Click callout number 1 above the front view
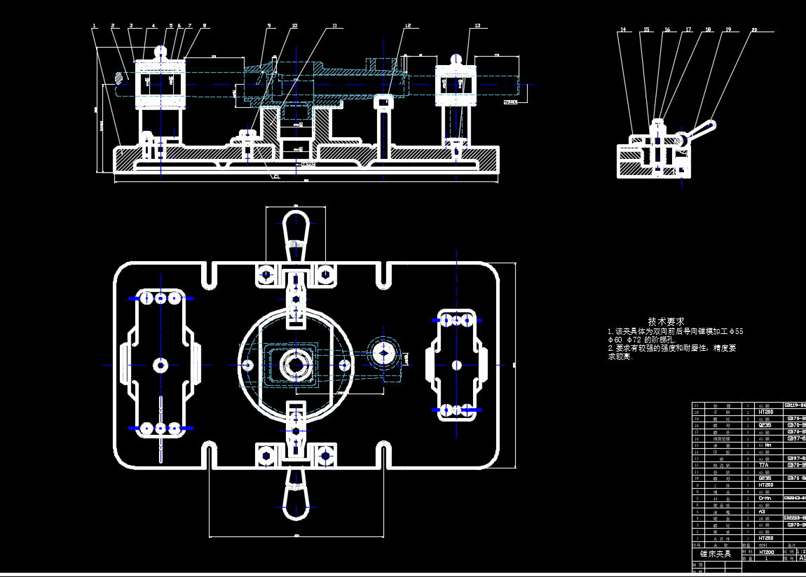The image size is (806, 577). [94, 26]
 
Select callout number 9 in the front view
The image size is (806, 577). [268, 26]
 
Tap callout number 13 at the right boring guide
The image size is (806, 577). [477, 26]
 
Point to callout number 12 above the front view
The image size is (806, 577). [408, 26]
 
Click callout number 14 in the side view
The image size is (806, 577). [622, 30]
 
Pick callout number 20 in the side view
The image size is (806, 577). [754, 30]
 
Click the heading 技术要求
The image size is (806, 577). [666, 321]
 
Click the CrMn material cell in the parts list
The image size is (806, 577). [765, 498]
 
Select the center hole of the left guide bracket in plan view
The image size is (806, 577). [161, 365]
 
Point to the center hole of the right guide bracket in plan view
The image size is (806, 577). [457, 364]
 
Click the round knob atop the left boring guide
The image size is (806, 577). [161, 51]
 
